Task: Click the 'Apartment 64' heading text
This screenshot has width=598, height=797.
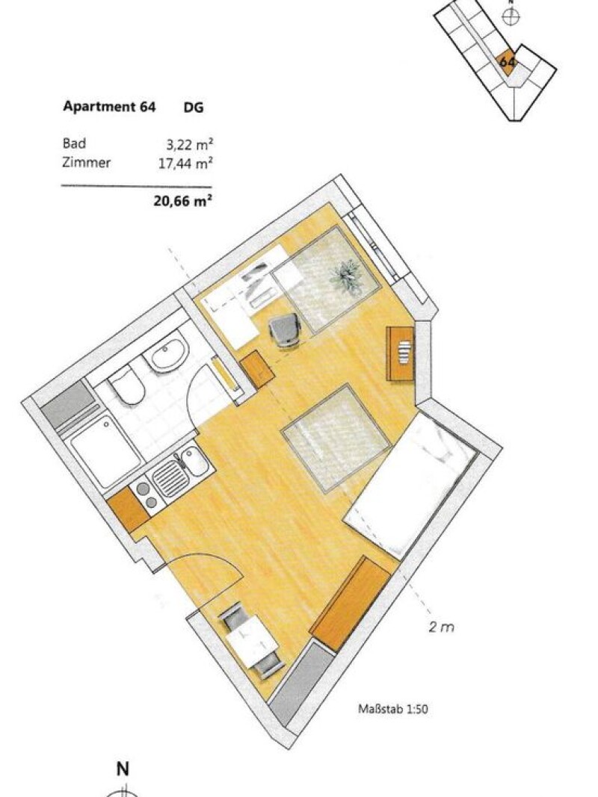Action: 109,107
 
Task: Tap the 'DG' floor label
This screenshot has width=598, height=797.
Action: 194,108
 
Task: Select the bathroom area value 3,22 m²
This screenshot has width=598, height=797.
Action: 188,144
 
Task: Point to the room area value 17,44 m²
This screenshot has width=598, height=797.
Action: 185,163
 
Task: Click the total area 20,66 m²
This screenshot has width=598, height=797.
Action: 182,201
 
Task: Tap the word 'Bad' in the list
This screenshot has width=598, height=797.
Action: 74,143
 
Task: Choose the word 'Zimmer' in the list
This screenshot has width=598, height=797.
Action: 87,163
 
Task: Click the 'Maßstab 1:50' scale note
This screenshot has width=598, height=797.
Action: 393,709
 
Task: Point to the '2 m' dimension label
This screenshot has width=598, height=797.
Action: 441,627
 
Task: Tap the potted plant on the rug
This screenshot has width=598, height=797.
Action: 348,277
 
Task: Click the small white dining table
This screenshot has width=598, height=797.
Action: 250,642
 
